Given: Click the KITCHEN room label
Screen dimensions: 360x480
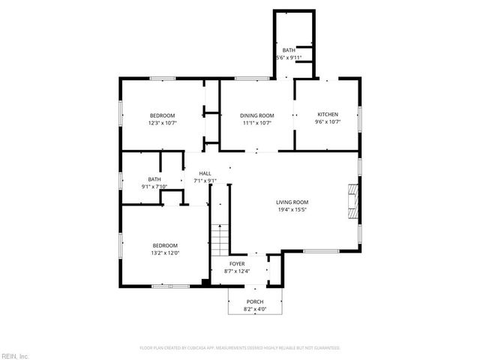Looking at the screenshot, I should pyautogui.click(x=328, y=115).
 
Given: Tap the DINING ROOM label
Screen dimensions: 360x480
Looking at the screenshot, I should pyautogui.click(x=256, y=115).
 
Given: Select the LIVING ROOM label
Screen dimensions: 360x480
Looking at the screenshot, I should pyautogui.click(x=292, y=202).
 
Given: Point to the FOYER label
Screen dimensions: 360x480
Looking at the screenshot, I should pyautogui.click(x=237, y=264).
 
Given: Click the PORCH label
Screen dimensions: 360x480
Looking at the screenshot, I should pyautogui.click(x=255, y=301).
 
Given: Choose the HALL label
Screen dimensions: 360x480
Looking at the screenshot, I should pyautogui.click(x=205, y=173).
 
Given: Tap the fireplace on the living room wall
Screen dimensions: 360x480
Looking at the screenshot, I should pyautogui.click(x=352, y=201).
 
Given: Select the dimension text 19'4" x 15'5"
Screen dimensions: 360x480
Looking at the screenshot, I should pyautogui.click(x=292, y=210).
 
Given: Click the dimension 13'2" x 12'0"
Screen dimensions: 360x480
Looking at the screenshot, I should pyautogui.click(x=166, y=253).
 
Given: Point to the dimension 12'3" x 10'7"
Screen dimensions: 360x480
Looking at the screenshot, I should pyautogui.click(x=163, y=122).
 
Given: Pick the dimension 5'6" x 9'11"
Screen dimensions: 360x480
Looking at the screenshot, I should pyautogui.click(x=289, y=57).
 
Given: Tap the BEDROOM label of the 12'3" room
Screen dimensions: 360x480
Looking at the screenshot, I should pyautogui.click(x=163, y=115).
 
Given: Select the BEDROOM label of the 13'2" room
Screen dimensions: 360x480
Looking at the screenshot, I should pyautogui.click(x=166, y=245).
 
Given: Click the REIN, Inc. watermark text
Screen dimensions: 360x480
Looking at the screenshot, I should pyautogui.click(x=15, y=355).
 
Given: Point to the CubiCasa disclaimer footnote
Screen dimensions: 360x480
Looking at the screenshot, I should pyautogui.click(x=240, y=348).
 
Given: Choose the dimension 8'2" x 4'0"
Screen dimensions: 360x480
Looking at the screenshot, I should pyautogui.click(x=255, y=309).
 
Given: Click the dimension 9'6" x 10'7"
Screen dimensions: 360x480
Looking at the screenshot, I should pyautogui.click(x=328, y=122).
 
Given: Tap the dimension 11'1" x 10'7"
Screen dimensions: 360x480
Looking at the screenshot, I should pyautogui.click(x=256, y=122).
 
